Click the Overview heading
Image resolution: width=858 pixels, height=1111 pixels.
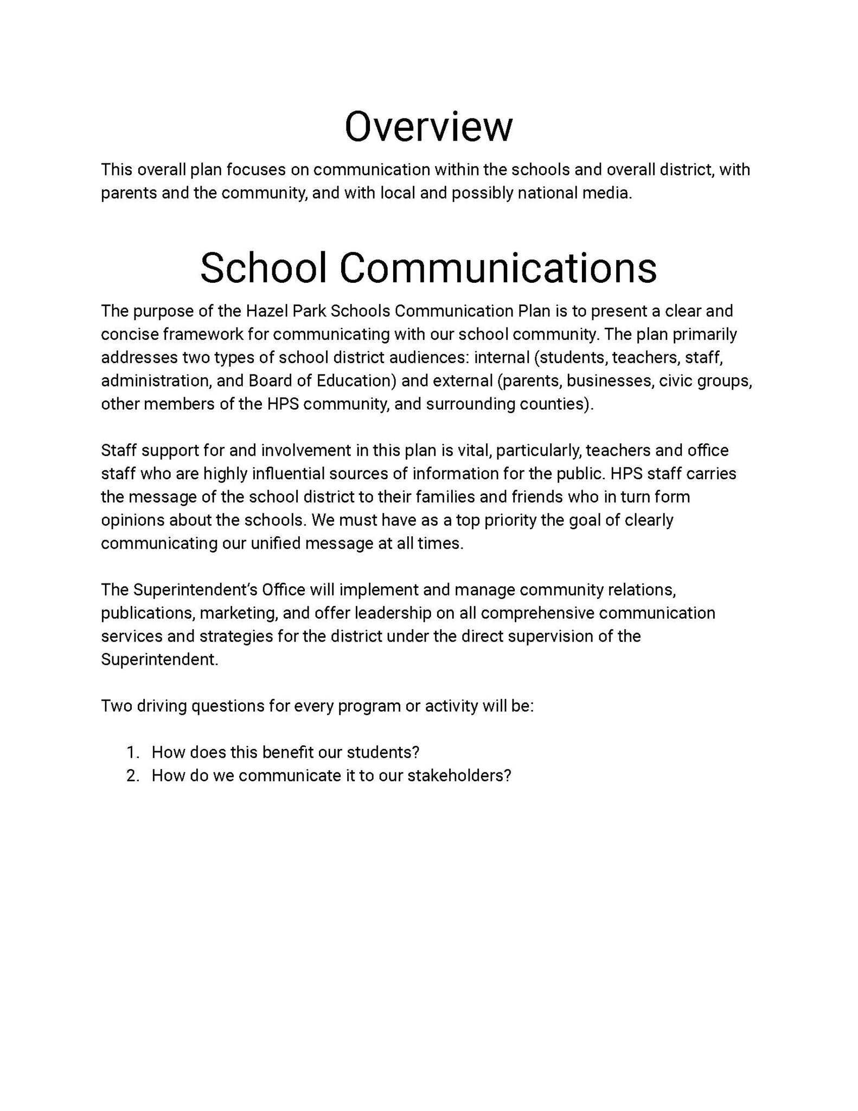click(428, 126)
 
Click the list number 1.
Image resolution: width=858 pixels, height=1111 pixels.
click(132, 752)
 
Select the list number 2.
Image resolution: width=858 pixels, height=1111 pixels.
click(132, 776)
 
